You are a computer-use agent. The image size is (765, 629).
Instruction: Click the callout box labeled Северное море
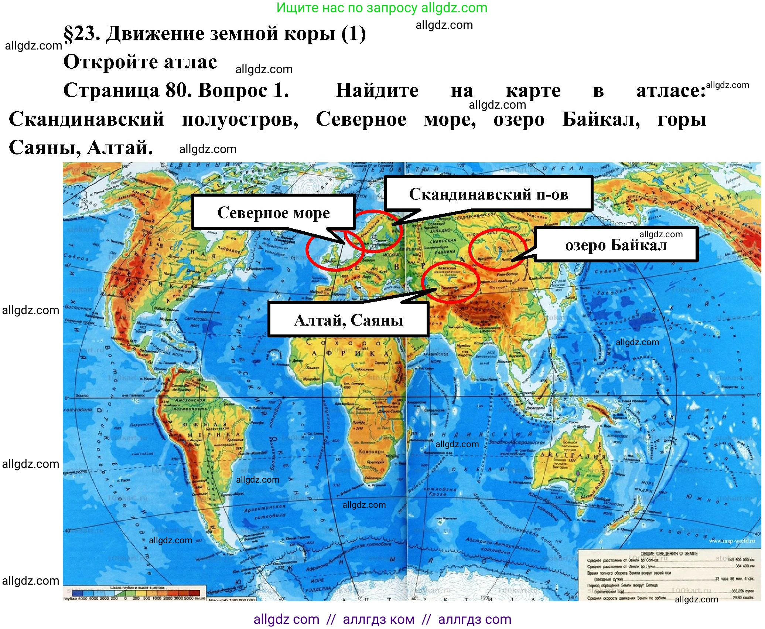(x=273, y=212)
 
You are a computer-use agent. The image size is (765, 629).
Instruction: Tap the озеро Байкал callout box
(x=616, y=245)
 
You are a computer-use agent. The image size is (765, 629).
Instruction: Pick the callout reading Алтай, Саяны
(x=348, y=320)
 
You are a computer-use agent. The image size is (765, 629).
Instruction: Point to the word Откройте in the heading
(x=111, y=62)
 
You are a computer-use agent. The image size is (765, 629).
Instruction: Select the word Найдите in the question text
(x=377, y=90)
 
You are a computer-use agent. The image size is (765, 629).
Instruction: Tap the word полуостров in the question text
(x=240, y=119)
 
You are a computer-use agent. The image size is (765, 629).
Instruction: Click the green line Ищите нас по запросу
(x=382, y=7)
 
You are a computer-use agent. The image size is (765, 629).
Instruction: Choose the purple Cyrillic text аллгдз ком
(x=379, y=619)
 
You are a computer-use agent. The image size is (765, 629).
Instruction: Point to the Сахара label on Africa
(x=344, y=343)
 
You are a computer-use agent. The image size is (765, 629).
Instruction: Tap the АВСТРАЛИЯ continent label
(x=573, y=455)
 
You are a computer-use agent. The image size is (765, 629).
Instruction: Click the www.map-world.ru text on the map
(x=732, y=541)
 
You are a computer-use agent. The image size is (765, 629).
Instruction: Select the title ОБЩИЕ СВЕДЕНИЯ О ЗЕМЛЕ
(x=669, y=554)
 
